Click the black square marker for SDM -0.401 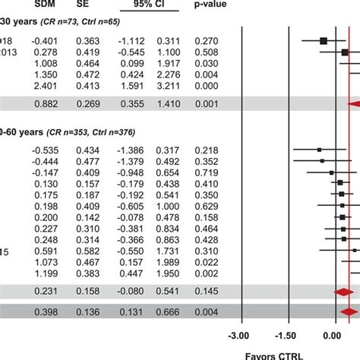coord(324,40)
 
